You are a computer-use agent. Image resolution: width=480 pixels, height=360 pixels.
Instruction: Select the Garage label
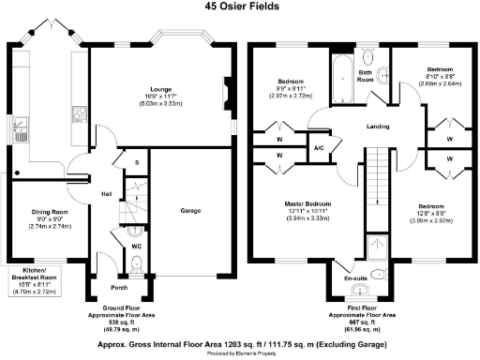coord(190,211)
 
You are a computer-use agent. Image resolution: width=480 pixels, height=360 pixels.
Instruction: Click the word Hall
coord(108,195)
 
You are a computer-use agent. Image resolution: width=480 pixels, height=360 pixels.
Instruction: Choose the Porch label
coord(119,287)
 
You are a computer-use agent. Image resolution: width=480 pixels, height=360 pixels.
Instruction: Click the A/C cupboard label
coord(319,148)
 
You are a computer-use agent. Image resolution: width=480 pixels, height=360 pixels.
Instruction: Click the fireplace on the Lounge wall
coord(223,95)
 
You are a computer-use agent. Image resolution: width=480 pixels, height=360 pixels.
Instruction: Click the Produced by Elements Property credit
coord(240,354)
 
